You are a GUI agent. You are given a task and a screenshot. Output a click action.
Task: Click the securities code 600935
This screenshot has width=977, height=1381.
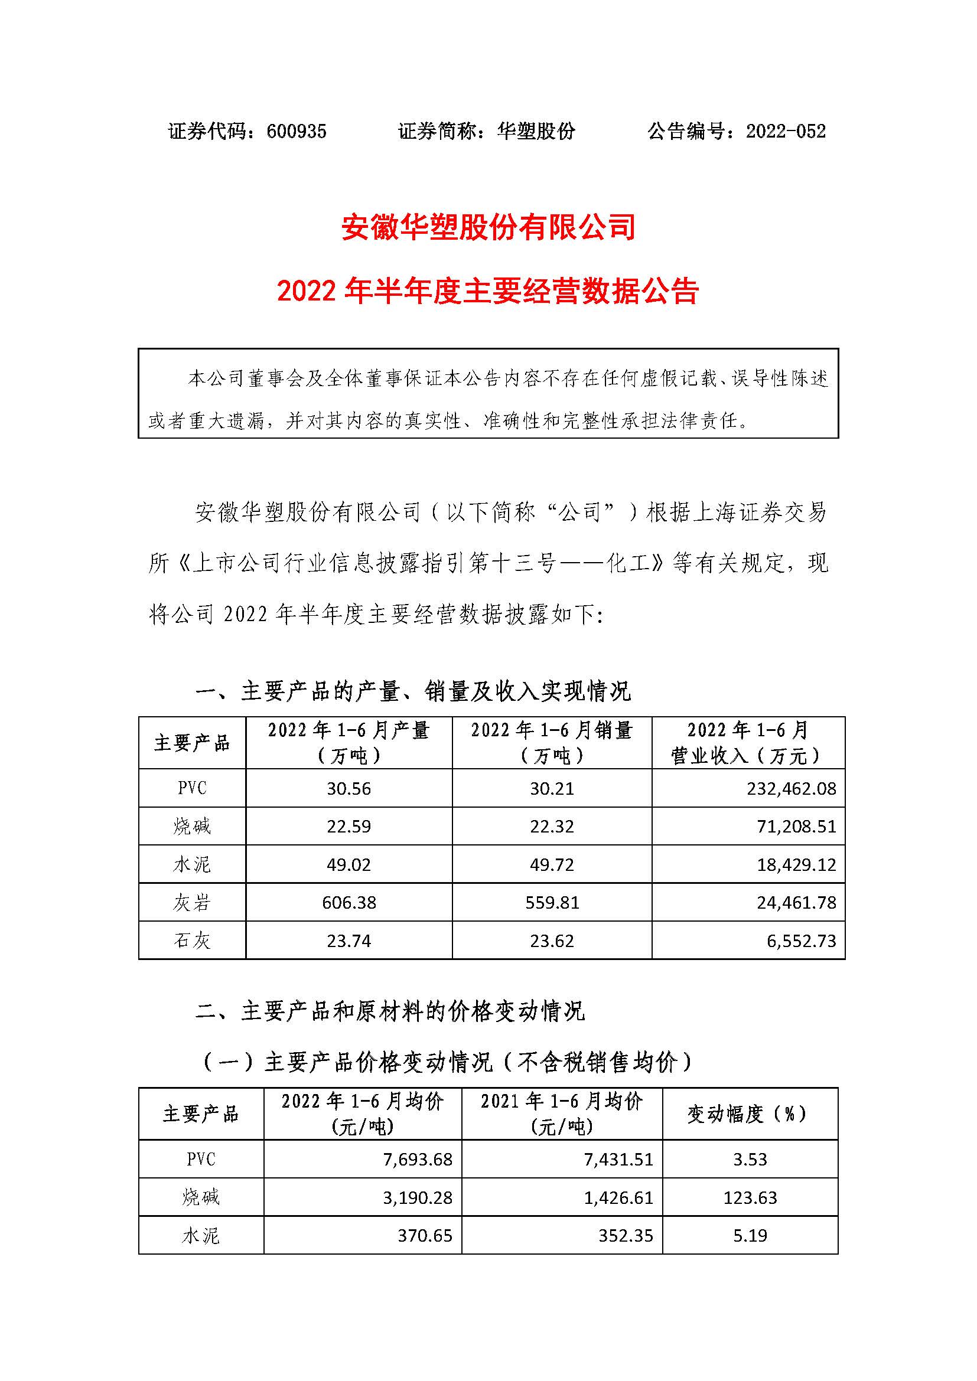(296, 131)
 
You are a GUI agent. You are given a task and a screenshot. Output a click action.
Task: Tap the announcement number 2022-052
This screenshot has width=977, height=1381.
(786, 131)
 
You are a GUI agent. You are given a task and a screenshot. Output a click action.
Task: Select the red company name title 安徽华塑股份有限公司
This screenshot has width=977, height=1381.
(488, 228)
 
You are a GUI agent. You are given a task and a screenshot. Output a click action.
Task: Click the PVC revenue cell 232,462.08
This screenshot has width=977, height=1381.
(791, 789)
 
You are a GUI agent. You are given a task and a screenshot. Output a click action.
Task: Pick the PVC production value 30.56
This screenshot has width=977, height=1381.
(349, 789)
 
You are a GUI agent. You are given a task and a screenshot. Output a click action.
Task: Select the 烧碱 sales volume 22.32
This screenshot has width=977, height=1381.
(552, 827)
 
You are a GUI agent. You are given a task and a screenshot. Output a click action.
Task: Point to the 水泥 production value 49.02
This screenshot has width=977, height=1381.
(349, 864)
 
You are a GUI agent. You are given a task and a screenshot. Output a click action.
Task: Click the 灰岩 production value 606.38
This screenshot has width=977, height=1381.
(349, 902)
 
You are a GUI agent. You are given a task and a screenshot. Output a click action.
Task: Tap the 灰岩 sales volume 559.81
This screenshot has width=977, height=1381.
(552, 902)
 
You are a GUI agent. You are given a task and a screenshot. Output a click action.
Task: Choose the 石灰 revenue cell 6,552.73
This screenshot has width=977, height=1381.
(801, 941)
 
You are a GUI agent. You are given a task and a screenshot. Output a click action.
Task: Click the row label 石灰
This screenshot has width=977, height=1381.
(192, 941)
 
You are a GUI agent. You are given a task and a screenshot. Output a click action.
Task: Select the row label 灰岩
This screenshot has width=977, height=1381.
(192, 902)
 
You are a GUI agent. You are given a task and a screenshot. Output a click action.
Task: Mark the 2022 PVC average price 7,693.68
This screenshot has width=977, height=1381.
(417, 1159)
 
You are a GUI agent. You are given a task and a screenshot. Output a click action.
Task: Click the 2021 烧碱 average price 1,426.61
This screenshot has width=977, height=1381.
(618, 1197)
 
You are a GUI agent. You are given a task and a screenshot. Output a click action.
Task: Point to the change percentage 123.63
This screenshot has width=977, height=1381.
(750, 1197)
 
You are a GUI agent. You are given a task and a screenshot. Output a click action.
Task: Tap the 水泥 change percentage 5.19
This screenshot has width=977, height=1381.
(750, 1236)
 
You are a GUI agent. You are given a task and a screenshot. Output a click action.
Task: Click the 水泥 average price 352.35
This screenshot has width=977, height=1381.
(625, 1236)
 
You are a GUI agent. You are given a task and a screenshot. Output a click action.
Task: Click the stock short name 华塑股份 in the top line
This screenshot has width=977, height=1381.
(535, 131)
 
